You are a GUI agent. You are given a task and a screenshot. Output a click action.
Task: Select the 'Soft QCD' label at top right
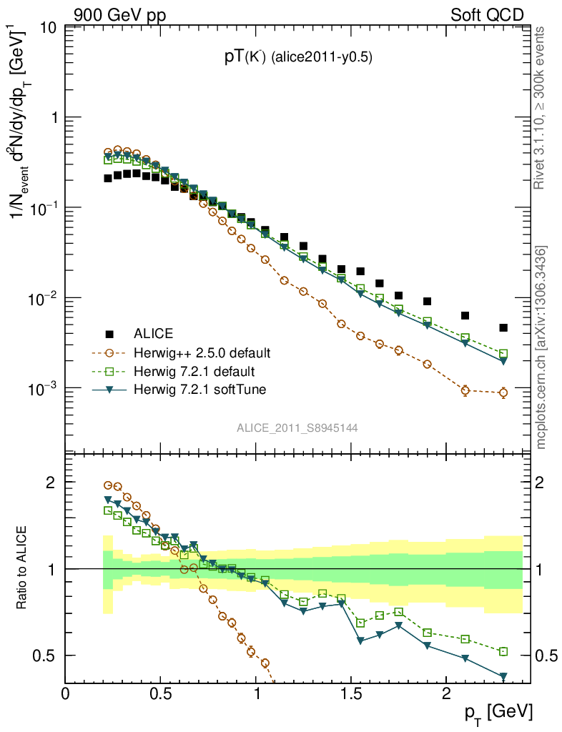[x=487, y=14]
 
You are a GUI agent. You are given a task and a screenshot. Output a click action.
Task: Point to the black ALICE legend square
[x=109, y=334]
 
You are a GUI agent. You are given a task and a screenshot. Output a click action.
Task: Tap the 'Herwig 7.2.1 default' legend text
[x=194, y=372]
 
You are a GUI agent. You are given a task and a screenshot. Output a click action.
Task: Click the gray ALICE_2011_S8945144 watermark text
[x=297, y=427]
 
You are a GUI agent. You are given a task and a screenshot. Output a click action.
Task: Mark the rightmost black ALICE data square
[x=503, y=328]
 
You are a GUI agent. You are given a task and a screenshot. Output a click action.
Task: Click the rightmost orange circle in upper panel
[x=503, y=392]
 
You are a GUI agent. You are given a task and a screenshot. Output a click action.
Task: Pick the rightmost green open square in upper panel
[x=503, y=354]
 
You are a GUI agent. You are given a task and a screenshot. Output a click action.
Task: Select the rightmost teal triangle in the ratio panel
[x=503, y=676]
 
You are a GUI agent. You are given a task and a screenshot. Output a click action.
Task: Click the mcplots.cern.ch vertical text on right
[x=541, y=347]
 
